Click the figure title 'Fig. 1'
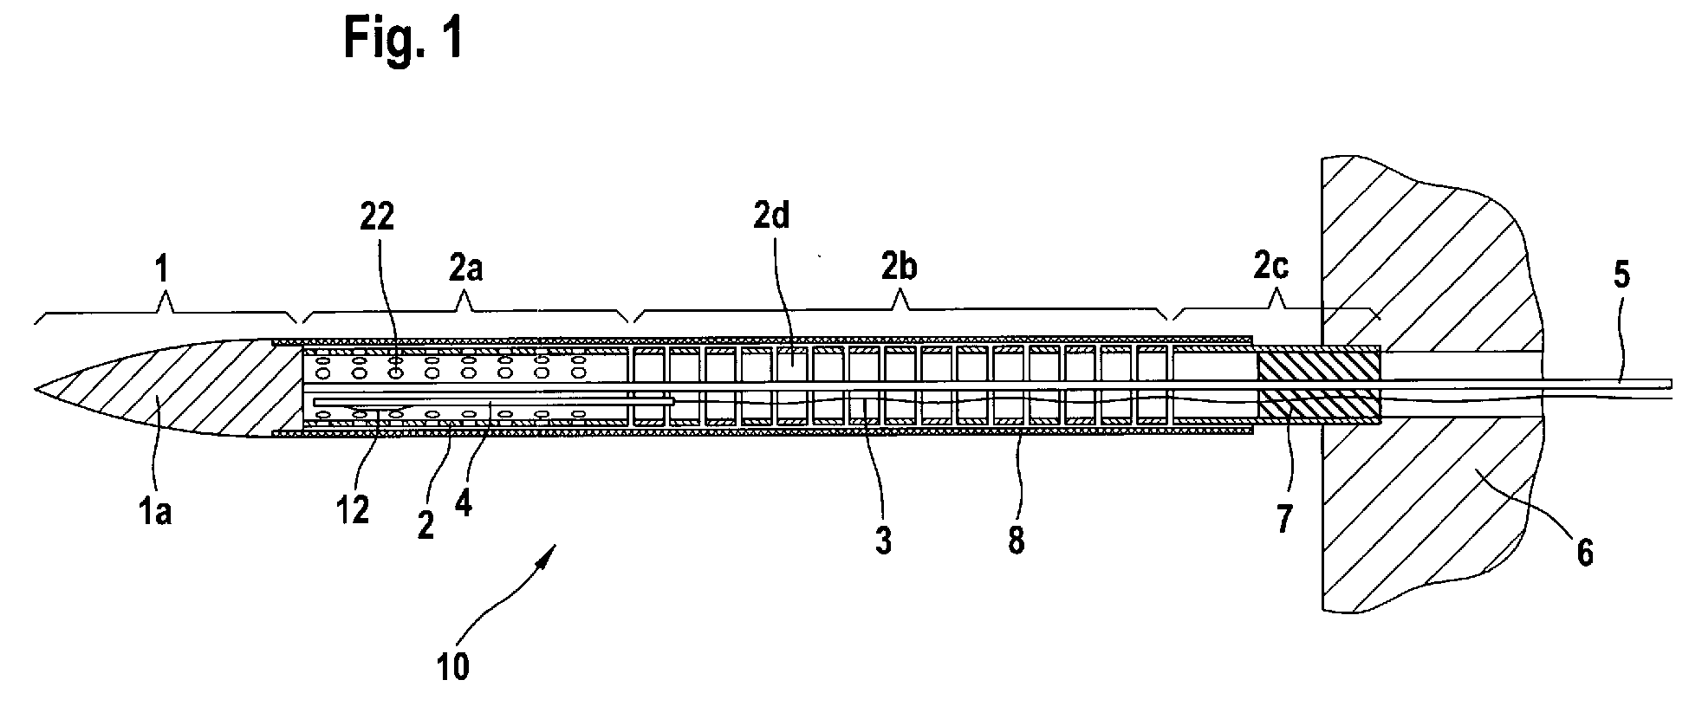[403, 37]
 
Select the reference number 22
[377, 217]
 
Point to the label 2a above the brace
[466, 269]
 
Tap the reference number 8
[1016, 539]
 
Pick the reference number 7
[1284, 519]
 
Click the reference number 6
[1583, 551]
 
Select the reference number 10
[454, 668]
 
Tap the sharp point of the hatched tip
[36, 391]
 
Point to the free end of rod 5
[1668, 383]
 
